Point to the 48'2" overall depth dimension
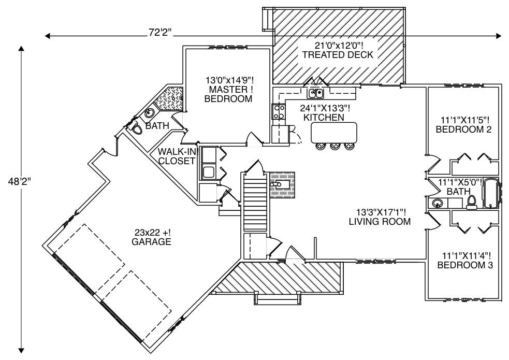pyautogui.click(x=21, y=182)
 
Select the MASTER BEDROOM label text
pyautogui.click(x=228, y=90)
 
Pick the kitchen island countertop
pyautogui.click(x=334, y=132)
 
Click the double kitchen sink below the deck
pyautogui.click(x=315, y=94)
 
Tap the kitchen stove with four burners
pyautogui.click(x=278, y=112)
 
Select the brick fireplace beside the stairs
pyautogui.click(x=282, y=184)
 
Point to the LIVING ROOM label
pyautogui.click(x=380, y=217)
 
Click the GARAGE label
pyautogui.click(x=151, y=237)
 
